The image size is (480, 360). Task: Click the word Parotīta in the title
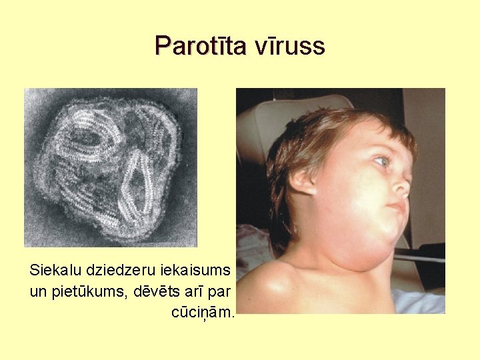coord(200,47)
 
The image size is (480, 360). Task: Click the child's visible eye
coord(381,161)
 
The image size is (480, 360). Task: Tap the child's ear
coord(304,181)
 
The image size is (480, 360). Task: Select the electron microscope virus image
coord(111,167)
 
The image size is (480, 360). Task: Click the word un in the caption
coord(38,291)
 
